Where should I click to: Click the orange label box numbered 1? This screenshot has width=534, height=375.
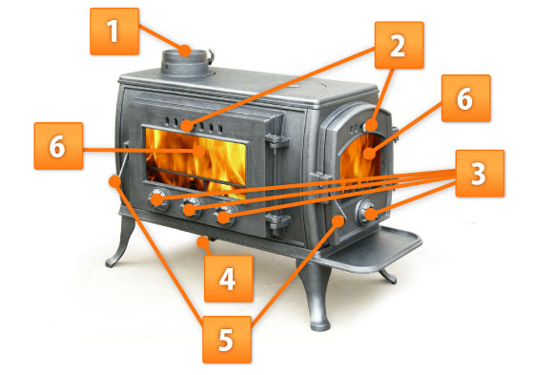tap(114, 31)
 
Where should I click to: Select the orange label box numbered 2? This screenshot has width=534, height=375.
tap(400, 45)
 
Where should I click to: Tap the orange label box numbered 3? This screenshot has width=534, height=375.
tap(480, 173)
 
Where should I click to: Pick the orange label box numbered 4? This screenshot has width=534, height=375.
tap(229, 279)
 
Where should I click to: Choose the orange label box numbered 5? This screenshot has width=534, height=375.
tap(227, 340)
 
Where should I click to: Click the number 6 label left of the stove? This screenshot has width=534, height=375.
tap(58, 146)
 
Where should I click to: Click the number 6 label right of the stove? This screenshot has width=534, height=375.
tap(466, 98)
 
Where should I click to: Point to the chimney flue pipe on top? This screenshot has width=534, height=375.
tap(186, 62)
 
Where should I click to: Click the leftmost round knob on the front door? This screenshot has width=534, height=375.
tap(158, 199)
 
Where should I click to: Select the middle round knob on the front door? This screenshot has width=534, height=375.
tap(192, 207)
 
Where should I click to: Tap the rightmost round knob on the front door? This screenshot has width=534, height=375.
tap(225, 215)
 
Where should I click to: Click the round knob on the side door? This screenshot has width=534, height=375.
tap(366, 212)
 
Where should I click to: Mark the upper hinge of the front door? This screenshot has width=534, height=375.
tap(277, 140)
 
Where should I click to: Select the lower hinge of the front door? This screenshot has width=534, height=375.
tap(277, 221)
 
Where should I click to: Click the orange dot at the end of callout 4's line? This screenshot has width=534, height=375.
tap(203, 243)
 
